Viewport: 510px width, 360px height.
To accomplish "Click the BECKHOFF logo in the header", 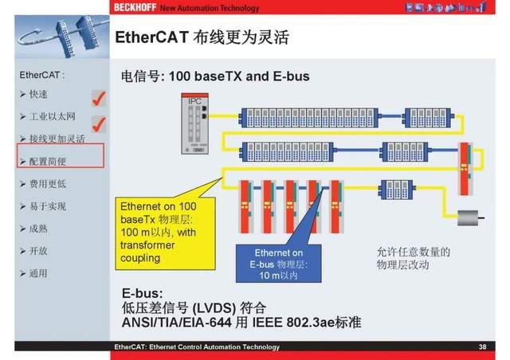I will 133,8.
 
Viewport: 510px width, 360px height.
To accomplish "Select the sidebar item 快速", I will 38,94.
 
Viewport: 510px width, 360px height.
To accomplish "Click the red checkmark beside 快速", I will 100,98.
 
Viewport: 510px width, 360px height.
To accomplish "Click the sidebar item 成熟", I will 38,228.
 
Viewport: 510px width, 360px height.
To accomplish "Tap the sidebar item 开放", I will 38,250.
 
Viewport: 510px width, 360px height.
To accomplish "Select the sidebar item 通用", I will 38,273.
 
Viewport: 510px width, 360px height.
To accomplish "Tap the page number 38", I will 482,347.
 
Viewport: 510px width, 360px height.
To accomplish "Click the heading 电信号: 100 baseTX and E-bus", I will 214,77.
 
